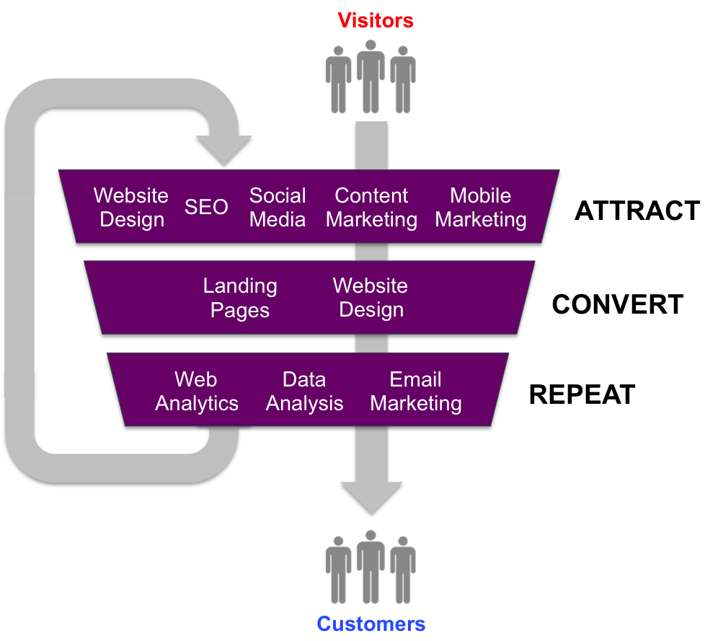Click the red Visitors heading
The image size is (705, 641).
pyautogui.click(x=376, y=20)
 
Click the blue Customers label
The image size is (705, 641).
pyautogui.click(x=371, y=624)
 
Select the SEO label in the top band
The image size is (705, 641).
pyautogui.click(x=206, y=208)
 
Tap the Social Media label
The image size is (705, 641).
pyautogui.click(x=278, y=208)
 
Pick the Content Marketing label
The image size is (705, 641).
pyautogui.click(x=371, y=208)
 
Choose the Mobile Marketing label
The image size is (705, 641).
pyautogui.click(x=481, y=208)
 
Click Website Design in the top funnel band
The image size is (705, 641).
pyautogui.click(x=131, y=208)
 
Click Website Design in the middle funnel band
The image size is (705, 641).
pyautogui.click(x=371, y=298)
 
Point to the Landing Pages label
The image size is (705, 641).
pyautogui.click(x=240, y=298)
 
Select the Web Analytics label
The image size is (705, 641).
pyautogui.click(x=196, y=392)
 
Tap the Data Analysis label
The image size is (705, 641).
pyautogui.click(x=304, y=392)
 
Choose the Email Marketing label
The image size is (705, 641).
pyautogui.click(x=416, y=392)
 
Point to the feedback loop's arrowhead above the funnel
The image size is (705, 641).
pyautogui.click(x=223, y=148)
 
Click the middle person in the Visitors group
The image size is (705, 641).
pyautogui.click(x=371, y=76)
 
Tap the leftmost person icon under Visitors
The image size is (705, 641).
pyautogui.click(x=338, y=79)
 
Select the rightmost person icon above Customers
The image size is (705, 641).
pyautogui.click(x=403, y=570)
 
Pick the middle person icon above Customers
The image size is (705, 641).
pyautogui.click(x=371, y=567)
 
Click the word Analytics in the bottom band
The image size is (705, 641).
pyautogui.click(x=197, y=404)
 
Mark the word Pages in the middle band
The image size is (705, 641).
pyautogui.click(x=240, y=311)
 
